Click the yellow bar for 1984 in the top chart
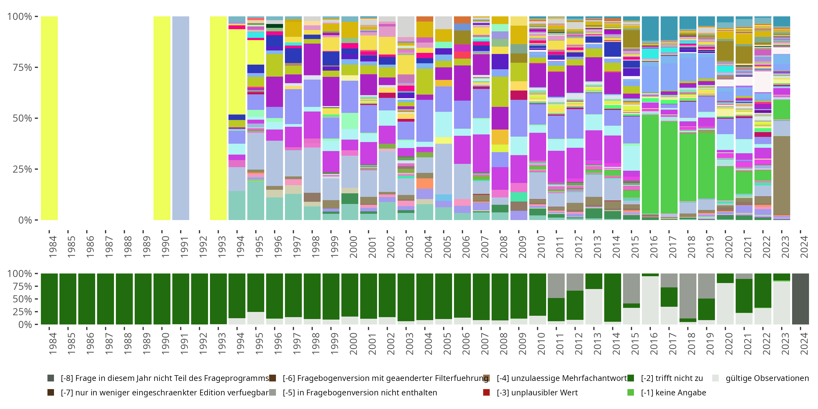49,118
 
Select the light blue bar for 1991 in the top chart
181,118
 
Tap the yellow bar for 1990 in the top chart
162,118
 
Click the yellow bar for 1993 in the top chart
218,118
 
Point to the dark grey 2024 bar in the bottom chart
800,299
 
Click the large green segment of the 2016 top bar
650,164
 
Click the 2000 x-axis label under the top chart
353,247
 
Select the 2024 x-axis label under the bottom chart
804,344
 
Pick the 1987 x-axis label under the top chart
109,247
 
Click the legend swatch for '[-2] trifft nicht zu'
631,378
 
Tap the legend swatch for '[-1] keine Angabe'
631,392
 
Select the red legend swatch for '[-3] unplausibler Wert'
486,392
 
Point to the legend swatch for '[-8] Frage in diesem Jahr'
50,378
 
